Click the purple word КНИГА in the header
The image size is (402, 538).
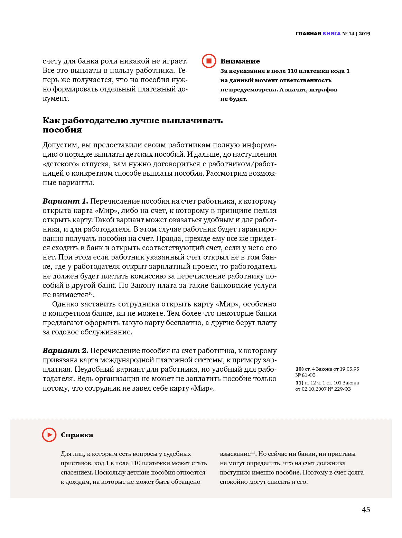331,33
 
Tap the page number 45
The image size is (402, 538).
366,510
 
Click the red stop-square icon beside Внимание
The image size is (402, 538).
209,61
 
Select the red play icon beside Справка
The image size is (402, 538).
49,435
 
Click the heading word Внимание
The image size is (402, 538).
240,61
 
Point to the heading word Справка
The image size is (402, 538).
77,435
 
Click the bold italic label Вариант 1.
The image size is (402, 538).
65,201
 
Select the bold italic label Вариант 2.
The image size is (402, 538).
65,351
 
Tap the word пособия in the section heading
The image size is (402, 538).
62,130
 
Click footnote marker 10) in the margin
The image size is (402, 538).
299,369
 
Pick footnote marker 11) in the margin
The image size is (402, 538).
299,383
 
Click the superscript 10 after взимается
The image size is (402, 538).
91,293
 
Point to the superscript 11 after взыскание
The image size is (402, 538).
253,452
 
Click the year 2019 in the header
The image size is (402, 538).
364,33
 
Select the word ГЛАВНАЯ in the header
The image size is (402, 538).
308,33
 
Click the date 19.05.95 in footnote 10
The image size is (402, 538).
349,369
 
